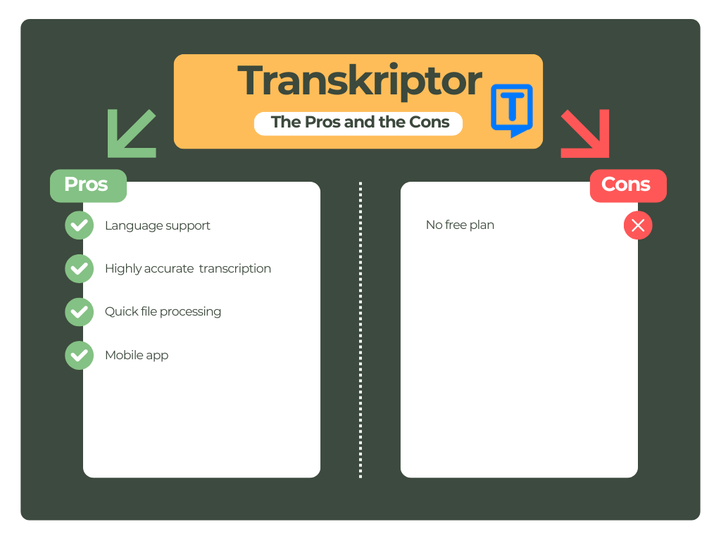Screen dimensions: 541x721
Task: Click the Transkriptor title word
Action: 359,82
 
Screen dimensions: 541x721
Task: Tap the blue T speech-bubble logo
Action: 512,110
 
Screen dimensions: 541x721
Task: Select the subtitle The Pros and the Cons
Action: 360,122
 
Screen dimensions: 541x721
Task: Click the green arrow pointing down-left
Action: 131,133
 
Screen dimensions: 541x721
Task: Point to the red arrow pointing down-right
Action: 585,133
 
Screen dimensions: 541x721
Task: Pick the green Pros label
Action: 87,185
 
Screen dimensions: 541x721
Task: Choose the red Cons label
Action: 627,185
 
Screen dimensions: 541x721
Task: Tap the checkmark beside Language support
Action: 79,225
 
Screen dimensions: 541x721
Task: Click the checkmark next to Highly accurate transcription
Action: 79,268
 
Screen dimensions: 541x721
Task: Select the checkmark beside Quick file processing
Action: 79,311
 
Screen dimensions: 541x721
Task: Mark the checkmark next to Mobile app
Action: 79,355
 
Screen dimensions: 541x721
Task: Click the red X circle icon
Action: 638,225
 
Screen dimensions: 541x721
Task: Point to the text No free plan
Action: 460,225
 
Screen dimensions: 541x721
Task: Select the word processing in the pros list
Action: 190,312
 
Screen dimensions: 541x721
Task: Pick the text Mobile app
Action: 137,355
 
